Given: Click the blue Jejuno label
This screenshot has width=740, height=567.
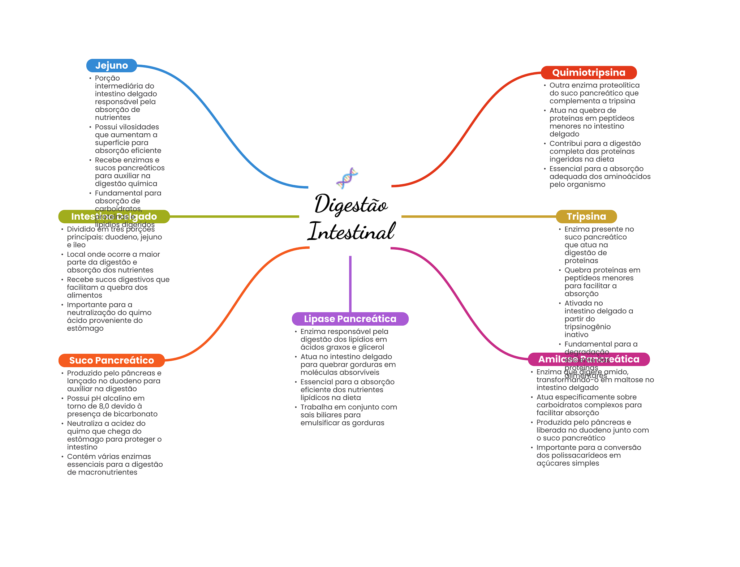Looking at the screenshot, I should pos(111,65).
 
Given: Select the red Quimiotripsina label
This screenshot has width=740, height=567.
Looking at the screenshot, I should pos(588,73).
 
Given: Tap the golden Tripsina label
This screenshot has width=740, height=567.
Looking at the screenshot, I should pos(586,216).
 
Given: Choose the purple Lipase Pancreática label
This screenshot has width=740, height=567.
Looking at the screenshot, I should pos(350,319).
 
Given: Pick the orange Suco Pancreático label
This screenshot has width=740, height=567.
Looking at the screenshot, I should pos(111,360).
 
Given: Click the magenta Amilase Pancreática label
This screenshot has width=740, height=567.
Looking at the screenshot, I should pos(588,359).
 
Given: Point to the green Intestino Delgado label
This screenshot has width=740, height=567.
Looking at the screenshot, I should pos(114,216).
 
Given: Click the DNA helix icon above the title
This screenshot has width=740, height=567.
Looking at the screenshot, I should pos(347,178).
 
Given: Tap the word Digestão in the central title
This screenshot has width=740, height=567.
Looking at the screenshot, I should pos(350,204).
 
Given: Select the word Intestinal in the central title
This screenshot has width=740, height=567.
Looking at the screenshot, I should pos(351,231).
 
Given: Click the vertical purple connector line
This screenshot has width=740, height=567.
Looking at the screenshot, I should pos(350,284).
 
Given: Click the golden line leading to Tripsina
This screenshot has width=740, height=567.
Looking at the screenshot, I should pos(477,216).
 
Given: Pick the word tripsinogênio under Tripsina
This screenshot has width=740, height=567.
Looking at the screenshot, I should pos(588,327).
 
